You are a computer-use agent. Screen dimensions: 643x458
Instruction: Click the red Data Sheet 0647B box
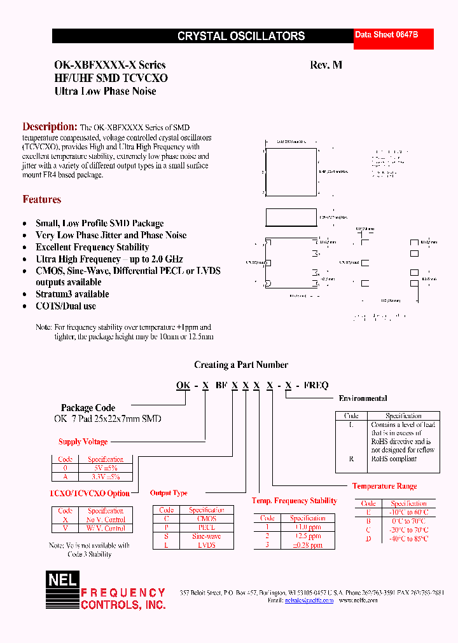[394, 39]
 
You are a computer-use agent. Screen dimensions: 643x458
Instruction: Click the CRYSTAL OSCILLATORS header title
[241, 36]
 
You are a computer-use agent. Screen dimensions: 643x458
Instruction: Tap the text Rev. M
[326, 65]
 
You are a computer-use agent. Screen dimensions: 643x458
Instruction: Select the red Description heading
[50, 126]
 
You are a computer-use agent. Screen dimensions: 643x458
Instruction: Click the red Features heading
[42, 200]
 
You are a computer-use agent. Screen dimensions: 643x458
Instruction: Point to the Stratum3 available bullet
[72, 294]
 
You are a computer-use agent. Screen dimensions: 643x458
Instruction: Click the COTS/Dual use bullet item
[66, 306]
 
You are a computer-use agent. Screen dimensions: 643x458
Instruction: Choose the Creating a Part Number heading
[241, 365]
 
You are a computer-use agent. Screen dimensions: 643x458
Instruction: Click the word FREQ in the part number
[316, 385]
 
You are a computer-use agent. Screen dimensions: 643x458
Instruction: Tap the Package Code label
[88, 408]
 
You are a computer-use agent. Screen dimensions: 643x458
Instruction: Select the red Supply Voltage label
[83, 442]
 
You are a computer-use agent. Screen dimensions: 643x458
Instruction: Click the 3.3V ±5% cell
[106, 477]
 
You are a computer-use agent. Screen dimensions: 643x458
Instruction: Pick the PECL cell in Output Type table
[207, 527]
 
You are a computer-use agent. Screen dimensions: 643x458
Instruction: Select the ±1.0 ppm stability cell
[307, 527]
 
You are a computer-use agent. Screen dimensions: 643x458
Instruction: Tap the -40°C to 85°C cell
[409, 538]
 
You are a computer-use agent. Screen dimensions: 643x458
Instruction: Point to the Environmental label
[363, 398]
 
